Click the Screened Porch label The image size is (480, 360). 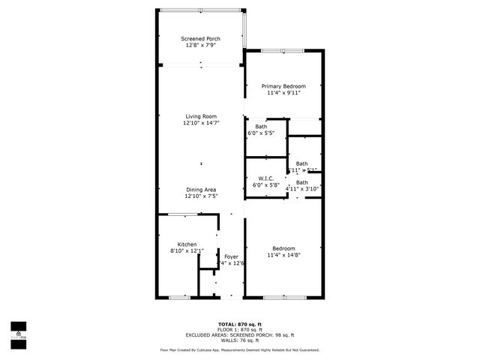click(x=201, y=38)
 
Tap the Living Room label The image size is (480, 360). click(x=201, y=116)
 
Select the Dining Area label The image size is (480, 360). click(x=201, y=190)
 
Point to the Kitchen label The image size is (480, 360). click(x=187, y=244)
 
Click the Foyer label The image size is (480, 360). click(x=232, y=256)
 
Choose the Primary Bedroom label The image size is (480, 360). click(x=283, y=86)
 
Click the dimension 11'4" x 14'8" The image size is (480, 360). click(x=283, y=256)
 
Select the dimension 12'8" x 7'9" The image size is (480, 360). click(x=201, y=46)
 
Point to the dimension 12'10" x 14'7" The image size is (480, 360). click(x=201, y=124)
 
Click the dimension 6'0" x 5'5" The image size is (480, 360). click(x=261, y=133)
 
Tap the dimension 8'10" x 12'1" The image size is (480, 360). click(x=187, y=251)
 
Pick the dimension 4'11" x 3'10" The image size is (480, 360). click(x=302, y=189)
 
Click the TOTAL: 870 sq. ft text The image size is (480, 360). click(x=240, y=324)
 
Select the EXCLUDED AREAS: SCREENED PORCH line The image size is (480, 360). click(x=240, y=335)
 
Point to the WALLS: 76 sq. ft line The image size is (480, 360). click(x=240, y=340)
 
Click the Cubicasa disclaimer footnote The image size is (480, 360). click(x=240, y=349)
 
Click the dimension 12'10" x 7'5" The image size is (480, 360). click(x=201, y=197)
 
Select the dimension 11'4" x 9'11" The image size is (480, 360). click(x=283, y=94)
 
